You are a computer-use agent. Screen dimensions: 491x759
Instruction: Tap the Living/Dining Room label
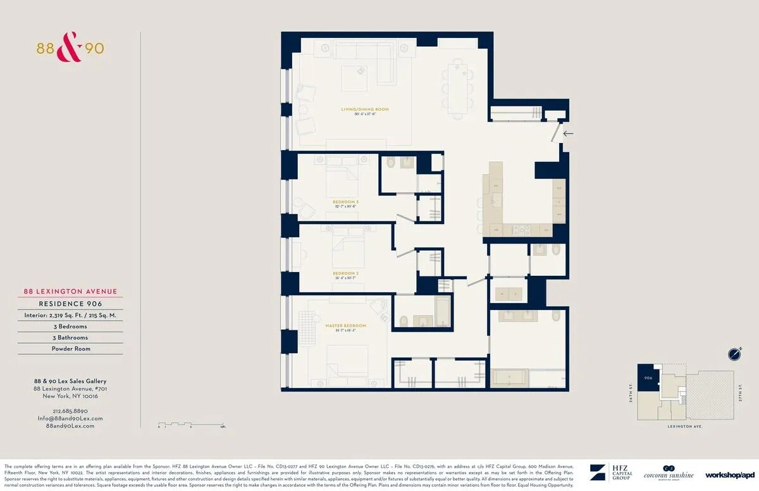pyautogui.click(x=365, y=109)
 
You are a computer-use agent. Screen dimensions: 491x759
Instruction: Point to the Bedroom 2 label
pyautogui.click(x=345, y=273)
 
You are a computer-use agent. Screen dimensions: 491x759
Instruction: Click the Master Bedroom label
pyautogui.click(x=345, y=326)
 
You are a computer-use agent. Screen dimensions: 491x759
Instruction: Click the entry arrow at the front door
pyautogui.click(x=568, y=134)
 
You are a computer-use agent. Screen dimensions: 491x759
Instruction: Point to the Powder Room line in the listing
pyautogui.click(x=71, y=349)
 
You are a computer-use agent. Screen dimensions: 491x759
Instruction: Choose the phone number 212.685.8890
pyautogui.click(x=70, y=411)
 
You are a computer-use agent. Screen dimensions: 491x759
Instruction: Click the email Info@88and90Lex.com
pyautogui.click(x=70, y=418)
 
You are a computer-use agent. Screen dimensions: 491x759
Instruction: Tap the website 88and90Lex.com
pyautogui.click(x=70, y=426)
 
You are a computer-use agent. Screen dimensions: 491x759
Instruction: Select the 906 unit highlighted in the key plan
pyautogui.click(x=648, y=377)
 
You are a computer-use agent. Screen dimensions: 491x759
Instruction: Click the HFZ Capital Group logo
pyautogui.click(x=606, y=473)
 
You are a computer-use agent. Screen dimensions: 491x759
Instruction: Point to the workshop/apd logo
pyautogui.click(x=730, y=475)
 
